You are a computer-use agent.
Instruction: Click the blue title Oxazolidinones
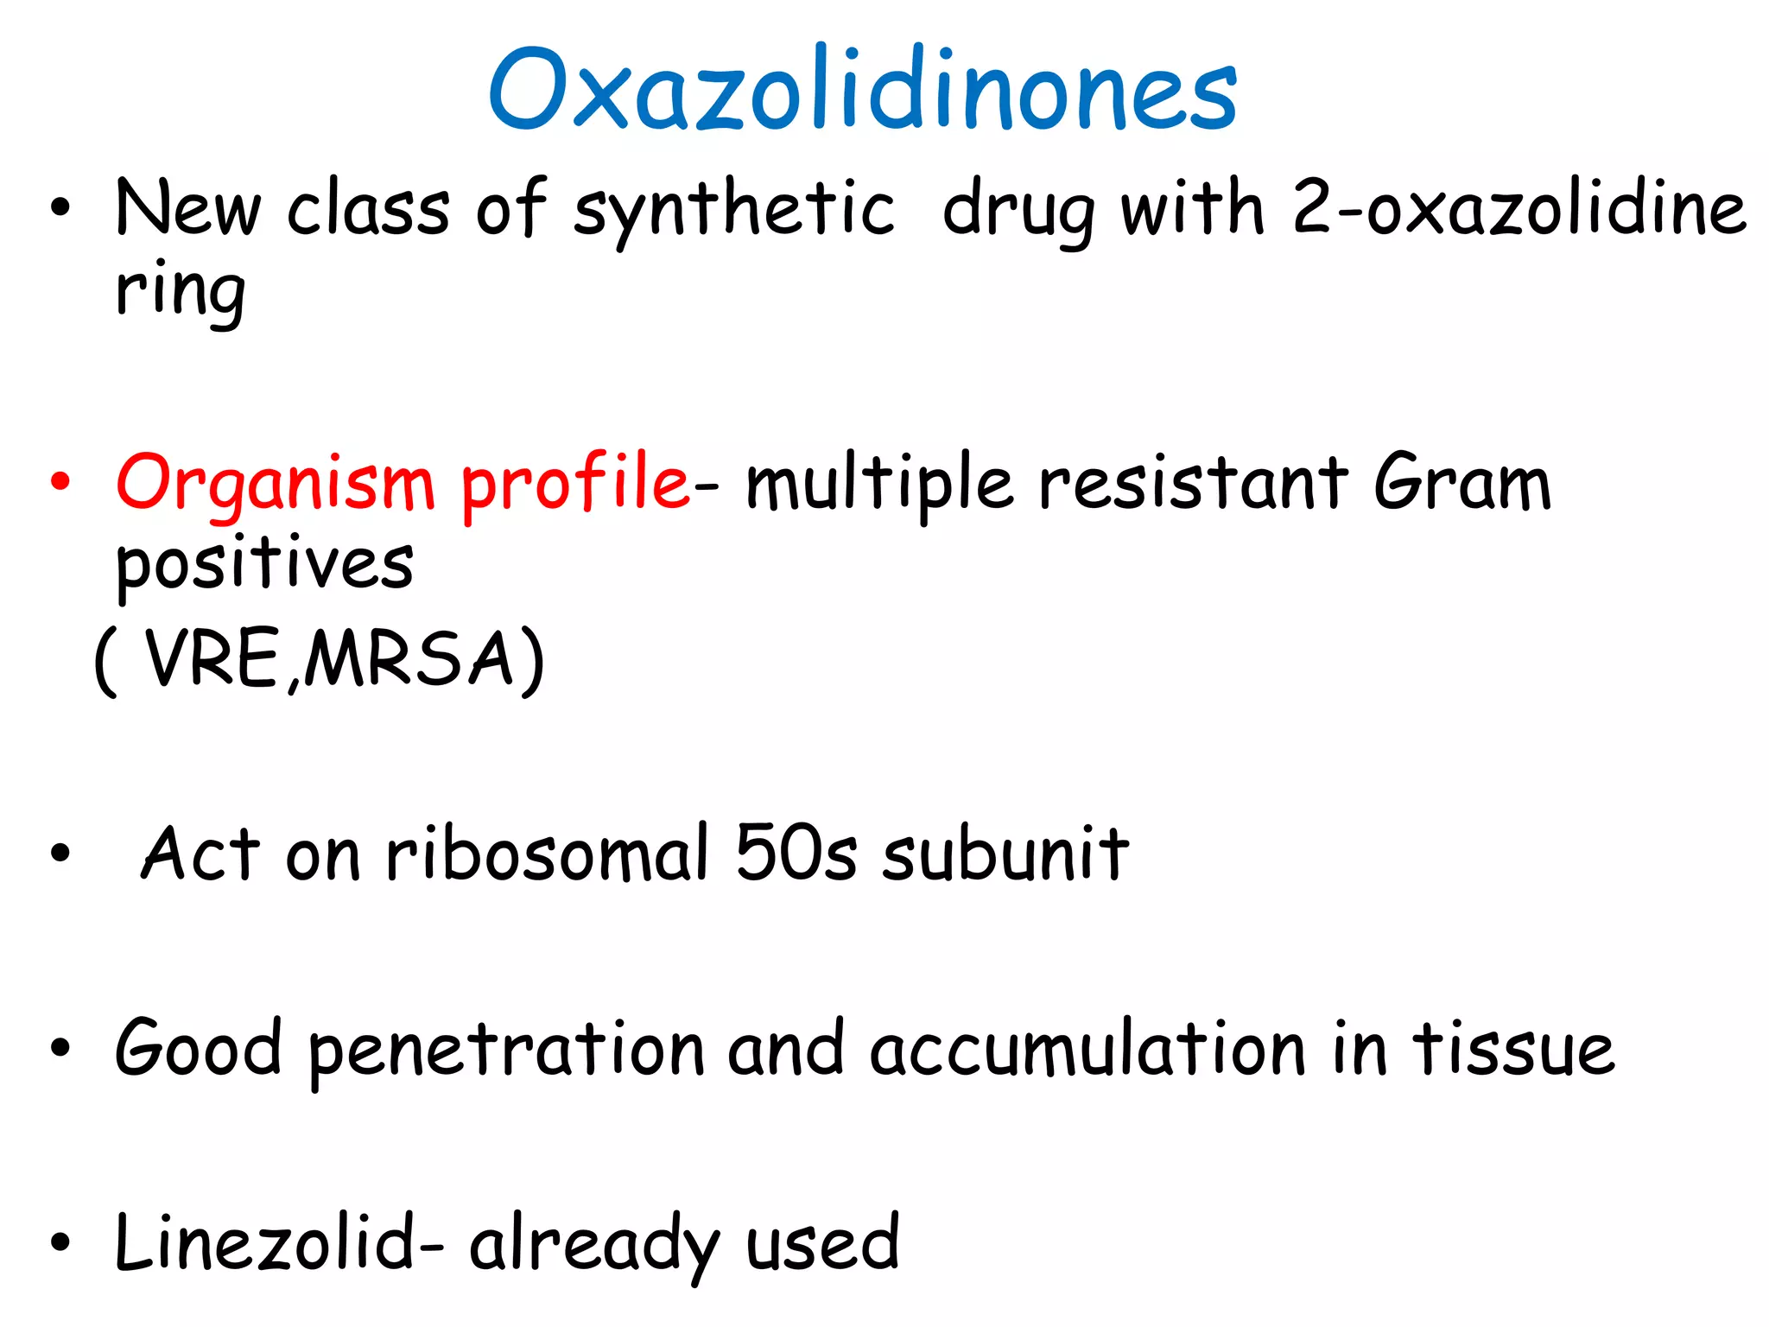click(863, 90)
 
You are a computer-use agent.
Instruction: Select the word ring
click(181, 291)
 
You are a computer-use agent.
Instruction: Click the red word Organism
click(275, 484)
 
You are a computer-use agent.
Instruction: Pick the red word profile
click(574, 484)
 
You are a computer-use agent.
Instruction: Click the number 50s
click(796, 854)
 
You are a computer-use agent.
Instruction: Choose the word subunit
click(1005, 854)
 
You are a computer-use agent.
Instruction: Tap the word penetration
click(507, 1050)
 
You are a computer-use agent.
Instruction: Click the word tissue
click(1513, 1050)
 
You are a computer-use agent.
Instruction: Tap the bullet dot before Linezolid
click(60, 1242)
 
